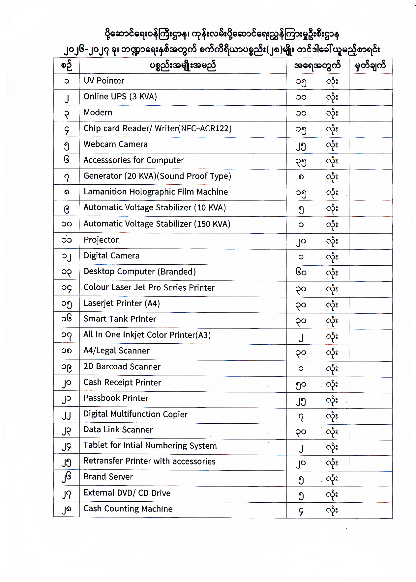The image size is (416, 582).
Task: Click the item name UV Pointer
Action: (104, 81)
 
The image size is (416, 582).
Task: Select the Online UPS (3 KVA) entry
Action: (120, 96)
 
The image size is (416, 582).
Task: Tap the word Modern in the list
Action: (98, 113)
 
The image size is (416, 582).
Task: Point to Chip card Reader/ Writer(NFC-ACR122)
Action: (157, 128)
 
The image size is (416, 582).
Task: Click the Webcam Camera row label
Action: (115, 144)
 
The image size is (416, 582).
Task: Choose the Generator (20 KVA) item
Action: (157, 176)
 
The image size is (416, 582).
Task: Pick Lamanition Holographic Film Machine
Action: (156, 192)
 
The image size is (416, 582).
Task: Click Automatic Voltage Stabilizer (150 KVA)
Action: (157, 224)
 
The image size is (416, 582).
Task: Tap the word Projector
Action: (101, 240)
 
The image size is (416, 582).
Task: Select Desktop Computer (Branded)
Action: (139, 272)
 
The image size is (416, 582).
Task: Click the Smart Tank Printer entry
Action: (120, 319)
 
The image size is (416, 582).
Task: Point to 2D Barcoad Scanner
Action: (122, 367)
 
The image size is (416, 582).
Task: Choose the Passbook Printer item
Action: (116, 398)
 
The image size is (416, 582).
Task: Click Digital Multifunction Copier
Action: (135, 414)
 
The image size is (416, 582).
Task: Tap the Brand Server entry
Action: (108, 477)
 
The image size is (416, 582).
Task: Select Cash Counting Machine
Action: (128, 509)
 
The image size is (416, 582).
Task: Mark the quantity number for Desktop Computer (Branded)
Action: (301, 272)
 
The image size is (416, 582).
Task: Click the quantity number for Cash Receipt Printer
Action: (301, 384)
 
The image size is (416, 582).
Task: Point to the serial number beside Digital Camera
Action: (67, 256)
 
